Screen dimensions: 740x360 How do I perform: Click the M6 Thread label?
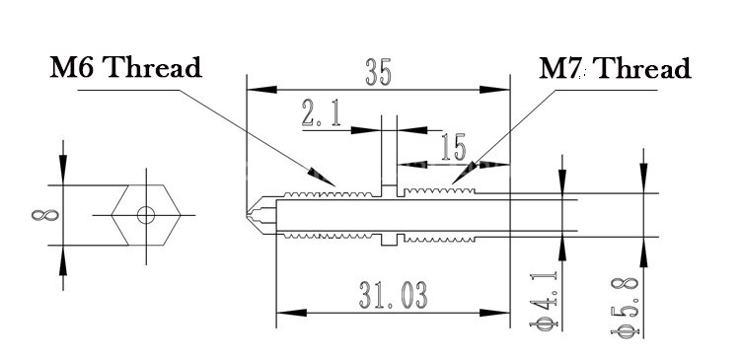[126, 68]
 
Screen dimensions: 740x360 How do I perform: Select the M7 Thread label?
[615, 69]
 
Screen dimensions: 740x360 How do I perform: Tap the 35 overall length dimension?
[379, 73]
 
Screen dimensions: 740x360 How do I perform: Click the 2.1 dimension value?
[322, 114]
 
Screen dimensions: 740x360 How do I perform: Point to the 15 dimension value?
[454, 147]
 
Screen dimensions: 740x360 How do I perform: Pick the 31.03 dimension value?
[393, 295]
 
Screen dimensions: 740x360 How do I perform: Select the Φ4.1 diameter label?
[544, 301]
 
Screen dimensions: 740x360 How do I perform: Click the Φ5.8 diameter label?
[625, 307]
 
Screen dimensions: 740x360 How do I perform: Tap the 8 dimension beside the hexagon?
[45, 215]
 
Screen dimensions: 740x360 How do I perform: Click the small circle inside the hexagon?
[146, 215]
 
